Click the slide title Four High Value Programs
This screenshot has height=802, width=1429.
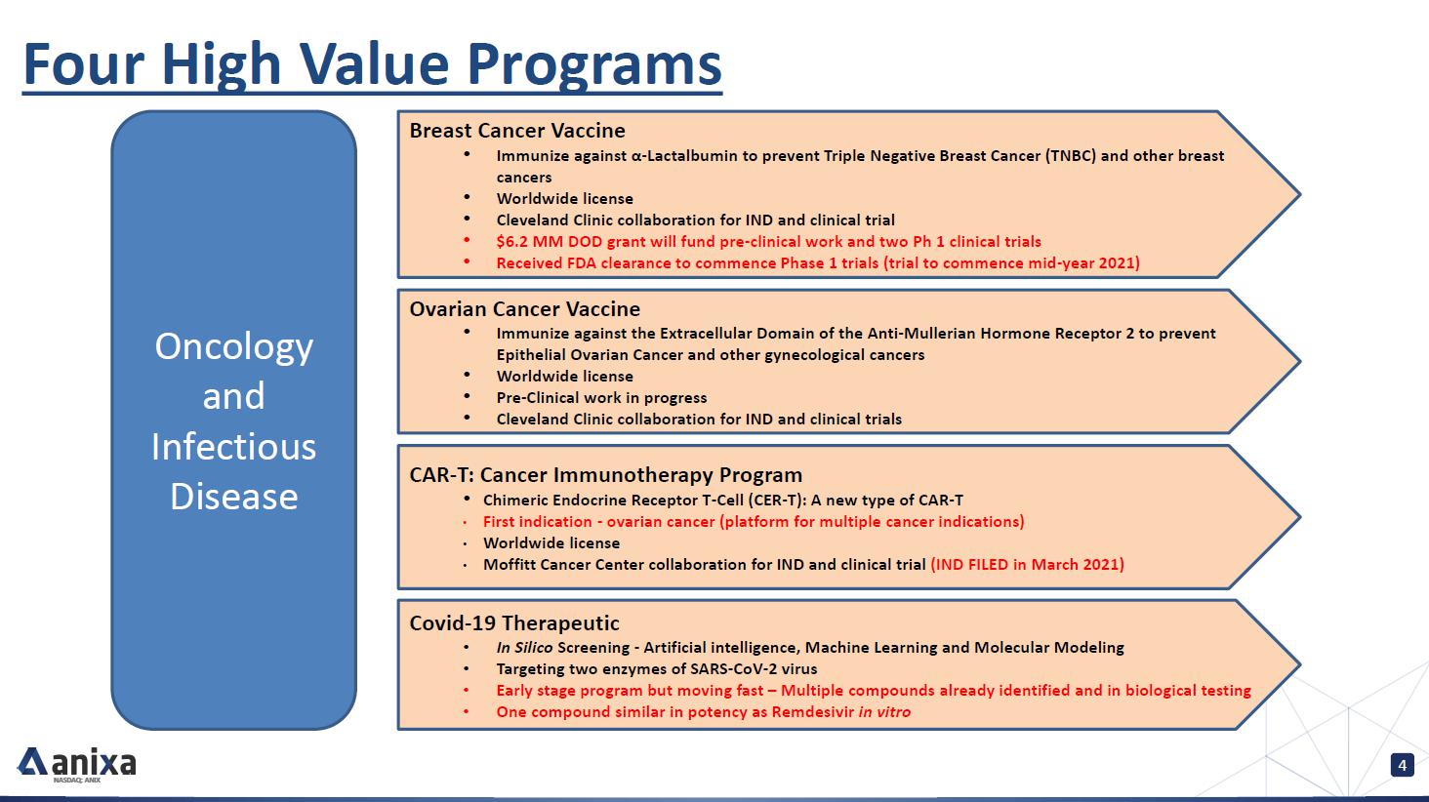tap(372, 64)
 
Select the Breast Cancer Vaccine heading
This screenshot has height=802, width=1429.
tap(516, 131)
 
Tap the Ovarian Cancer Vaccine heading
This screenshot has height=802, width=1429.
tap(524, 309)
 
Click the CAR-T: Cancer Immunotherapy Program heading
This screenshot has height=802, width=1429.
tap(605, 475)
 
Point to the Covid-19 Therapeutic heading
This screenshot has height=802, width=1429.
tap(514, 622)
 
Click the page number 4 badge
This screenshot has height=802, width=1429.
tap(1403, 765)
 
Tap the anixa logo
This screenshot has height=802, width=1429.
tap(76, 764)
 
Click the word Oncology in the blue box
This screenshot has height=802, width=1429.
tap(233, 348)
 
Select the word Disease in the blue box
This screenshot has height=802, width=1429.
tap(233, 497)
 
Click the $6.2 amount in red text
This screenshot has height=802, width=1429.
tap(512, 242)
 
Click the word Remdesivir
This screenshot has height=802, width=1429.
tap(813, 712)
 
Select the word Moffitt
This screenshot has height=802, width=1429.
tap(510, 565)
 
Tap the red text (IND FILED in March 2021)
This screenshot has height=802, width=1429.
tap(1027, 565)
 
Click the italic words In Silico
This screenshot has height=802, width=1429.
tap(524, 648)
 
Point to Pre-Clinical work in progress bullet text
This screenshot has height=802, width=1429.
tap(601, 398)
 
